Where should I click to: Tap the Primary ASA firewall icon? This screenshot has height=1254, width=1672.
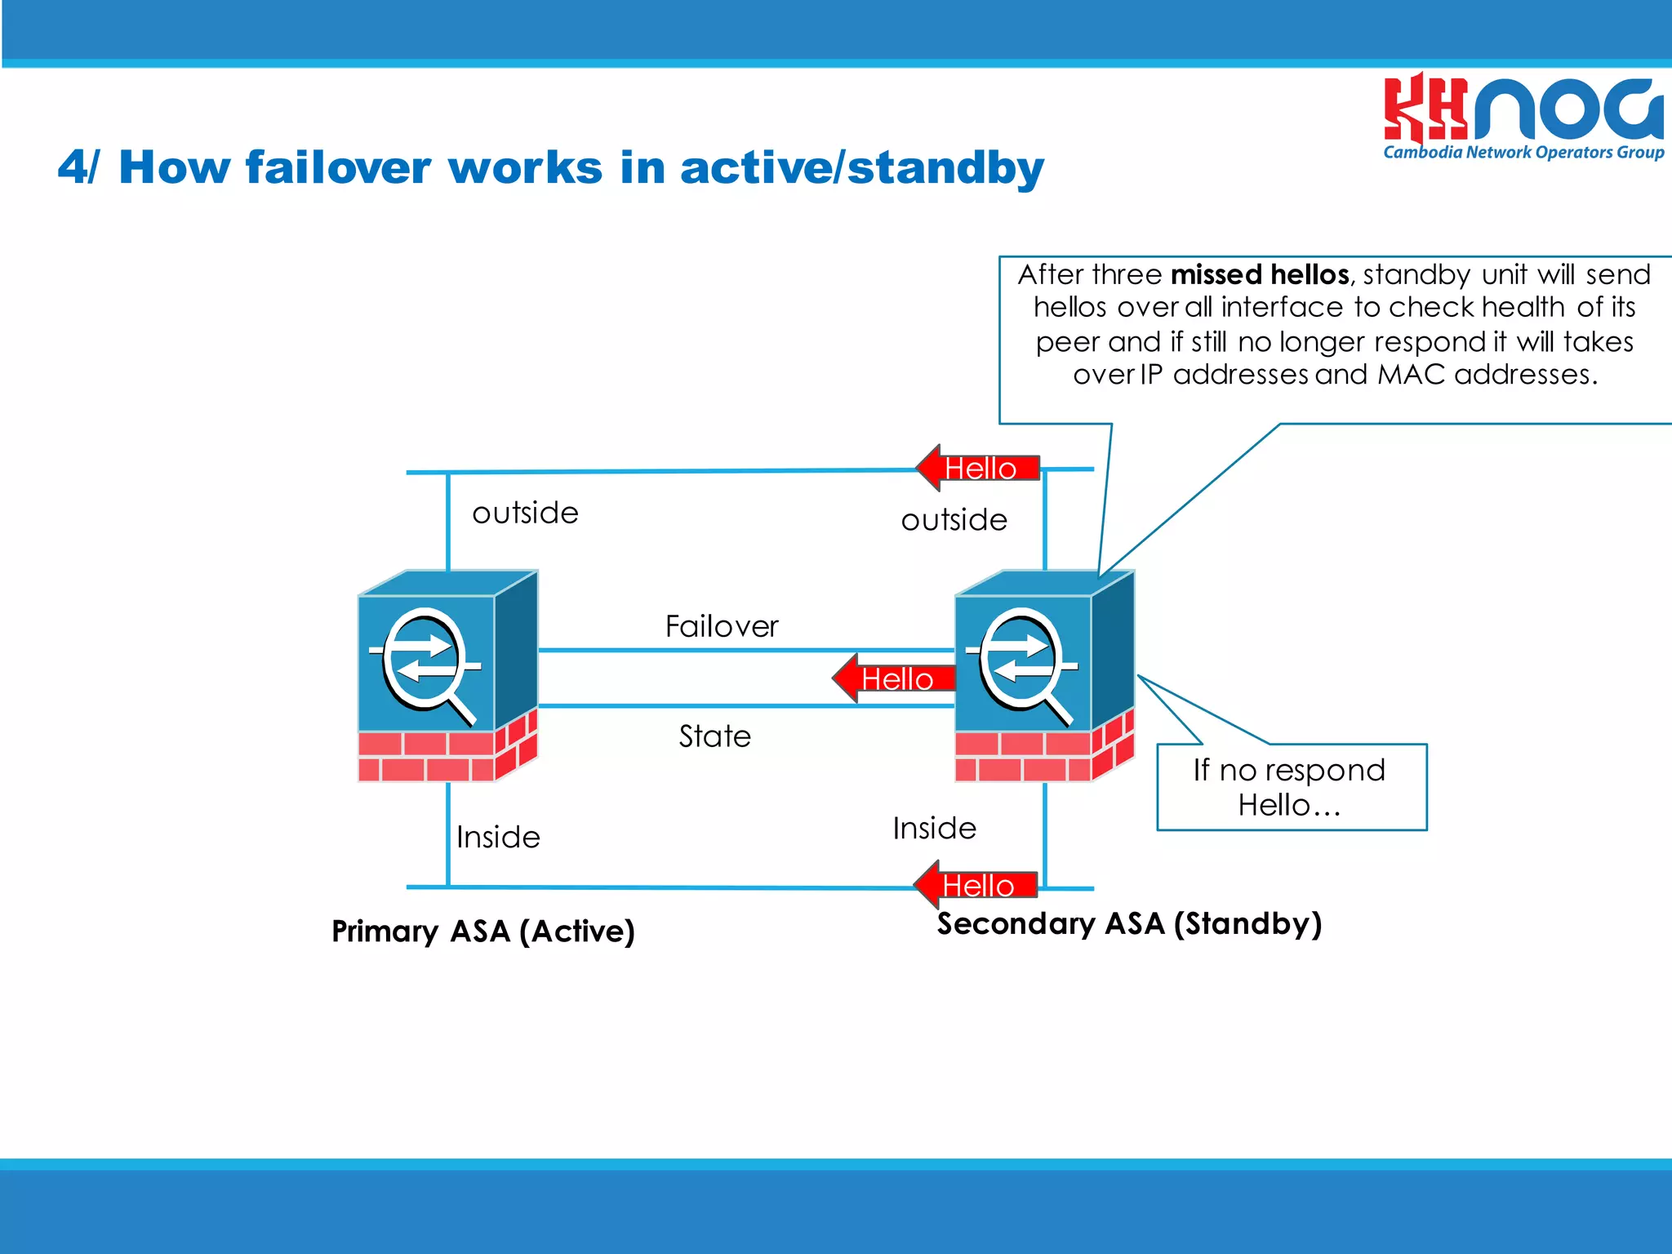click(x=447, y=676)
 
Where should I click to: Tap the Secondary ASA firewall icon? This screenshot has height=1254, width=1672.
click(x=1044, y=676)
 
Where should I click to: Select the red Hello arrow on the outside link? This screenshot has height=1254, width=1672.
click(x=977, y=468)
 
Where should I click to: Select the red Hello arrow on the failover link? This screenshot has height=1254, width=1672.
click(x=894, y=678)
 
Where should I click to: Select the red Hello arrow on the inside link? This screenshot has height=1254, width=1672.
click(x=976, y=884)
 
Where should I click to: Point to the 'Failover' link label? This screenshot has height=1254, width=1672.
click(x=722, y=626)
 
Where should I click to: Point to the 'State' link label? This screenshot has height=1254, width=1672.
click(x=714, y=736)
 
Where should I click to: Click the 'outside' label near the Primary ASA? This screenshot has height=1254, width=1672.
click(x=525, y=513)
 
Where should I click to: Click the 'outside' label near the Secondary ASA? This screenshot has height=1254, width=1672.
click(x=954, y=520)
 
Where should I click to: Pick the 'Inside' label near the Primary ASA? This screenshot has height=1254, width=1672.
click(x=498, y=837)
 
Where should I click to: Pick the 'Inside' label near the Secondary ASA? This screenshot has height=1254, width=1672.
click(x=934, y=828)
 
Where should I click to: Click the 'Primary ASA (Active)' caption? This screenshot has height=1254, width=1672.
click(x=482, y=931)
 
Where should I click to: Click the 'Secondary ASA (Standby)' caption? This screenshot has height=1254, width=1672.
click(x=1129, y=923)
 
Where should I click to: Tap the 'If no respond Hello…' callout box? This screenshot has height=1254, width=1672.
click(x=1291, y=787)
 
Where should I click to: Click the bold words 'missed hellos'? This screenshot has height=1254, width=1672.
click(x=1260, y=274)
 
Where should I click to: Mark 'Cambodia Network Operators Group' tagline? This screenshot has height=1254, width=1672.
click(x=1523, y=153)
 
